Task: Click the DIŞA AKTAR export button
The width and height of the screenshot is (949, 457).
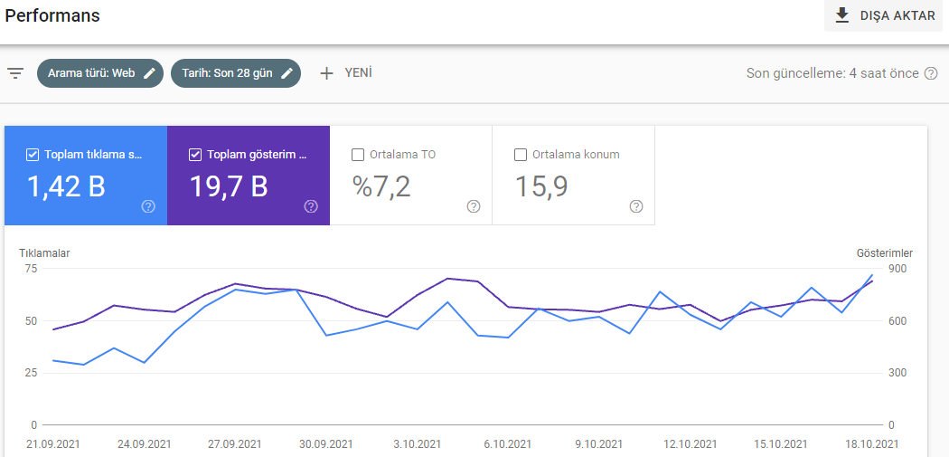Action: [x=884, y=15]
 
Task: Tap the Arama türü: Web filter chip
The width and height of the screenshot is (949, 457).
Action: [x=100, y=73]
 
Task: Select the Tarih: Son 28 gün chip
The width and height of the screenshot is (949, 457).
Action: [x=236, y=73]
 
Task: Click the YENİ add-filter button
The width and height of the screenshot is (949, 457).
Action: [x=345, y=73]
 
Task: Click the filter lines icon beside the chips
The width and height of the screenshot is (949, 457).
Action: [x=15, y=74]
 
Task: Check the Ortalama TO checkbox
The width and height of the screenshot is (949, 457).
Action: [x=358, y=155]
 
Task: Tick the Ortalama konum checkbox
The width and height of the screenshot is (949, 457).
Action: [x=521, y=155]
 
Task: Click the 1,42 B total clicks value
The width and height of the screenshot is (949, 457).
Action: [x=66, y=186]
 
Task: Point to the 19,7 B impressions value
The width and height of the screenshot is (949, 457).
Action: [x=229, y=186]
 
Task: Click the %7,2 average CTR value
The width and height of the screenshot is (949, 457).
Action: [x=382, y=186]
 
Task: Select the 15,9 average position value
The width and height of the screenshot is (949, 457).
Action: [x=541, y=186]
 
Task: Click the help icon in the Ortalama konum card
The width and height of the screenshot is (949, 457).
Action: [x=636, y=206]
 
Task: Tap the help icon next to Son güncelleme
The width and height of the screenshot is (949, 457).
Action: [x=931, y=73]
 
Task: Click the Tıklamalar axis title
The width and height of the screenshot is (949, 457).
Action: [x=44, y=253]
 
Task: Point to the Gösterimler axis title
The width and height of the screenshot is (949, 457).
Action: [x=885, y=253]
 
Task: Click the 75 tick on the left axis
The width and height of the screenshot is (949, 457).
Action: [x=31, y=269]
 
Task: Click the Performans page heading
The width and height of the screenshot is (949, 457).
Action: [x=52, y=15]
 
